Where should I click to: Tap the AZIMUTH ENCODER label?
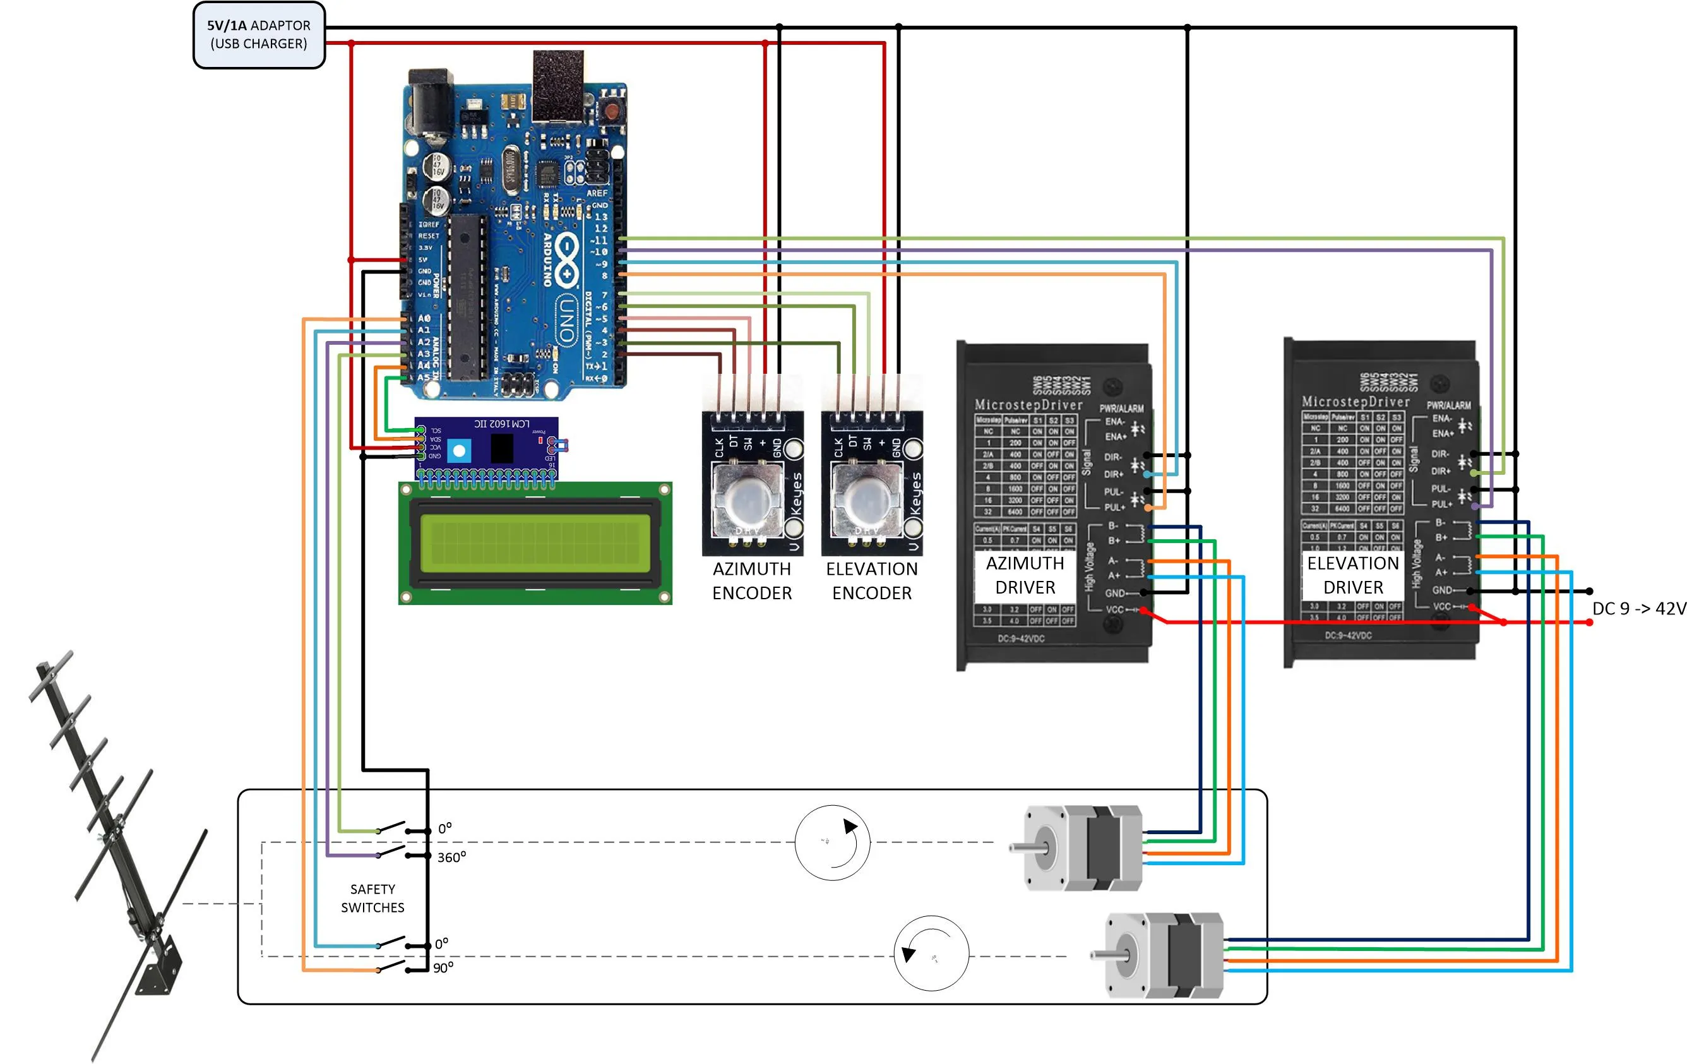tap(752, 580)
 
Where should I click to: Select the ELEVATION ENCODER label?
tap(871, 580)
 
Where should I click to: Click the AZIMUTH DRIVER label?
tap(1025, 575)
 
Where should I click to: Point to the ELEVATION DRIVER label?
tap(1352, 575)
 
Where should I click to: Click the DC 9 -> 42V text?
tap(1638, 609)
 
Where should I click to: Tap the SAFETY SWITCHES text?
tap(372, 898)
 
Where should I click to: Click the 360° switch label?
tap(451, 858)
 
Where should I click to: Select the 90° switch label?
tap(443, 968)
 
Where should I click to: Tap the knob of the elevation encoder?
tap(866, 499)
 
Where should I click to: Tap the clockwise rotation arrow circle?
tap(832, 842)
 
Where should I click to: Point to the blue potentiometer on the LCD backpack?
tap(460, 450)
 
